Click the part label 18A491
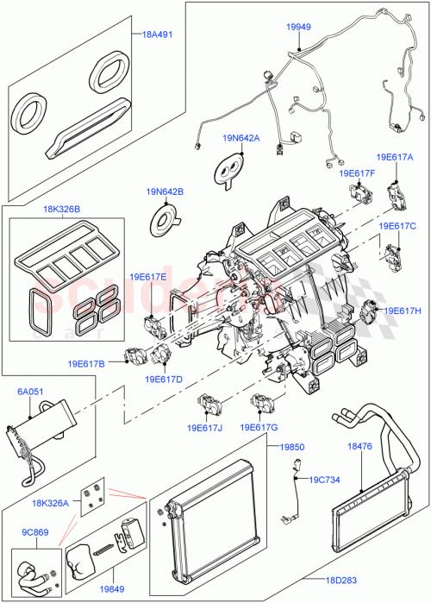(159, 35)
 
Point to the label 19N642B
(164, 191)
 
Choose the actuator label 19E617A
(394, 157)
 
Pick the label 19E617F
(357, 173)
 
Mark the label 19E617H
(402, 310)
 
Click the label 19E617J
(205, 427)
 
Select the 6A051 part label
(32, 391)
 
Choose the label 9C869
(34, 533)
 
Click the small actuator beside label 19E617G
(261, 401)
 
